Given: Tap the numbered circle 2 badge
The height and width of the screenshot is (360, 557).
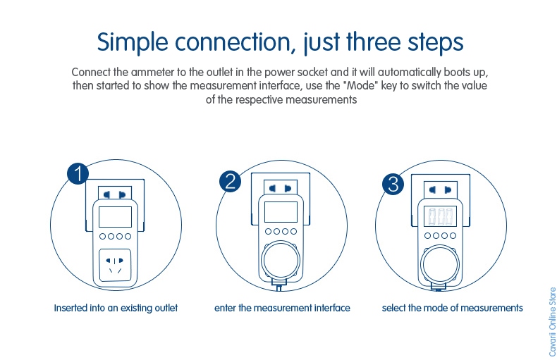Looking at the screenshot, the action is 231,181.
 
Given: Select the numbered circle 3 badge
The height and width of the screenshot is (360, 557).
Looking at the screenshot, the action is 393,184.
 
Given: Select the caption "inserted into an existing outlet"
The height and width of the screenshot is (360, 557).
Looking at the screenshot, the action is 116,308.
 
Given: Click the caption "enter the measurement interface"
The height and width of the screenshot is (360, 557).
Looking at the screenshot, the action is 282,308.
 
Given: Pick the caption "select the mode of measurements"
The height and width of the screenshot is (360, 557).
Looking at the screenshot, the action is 452,308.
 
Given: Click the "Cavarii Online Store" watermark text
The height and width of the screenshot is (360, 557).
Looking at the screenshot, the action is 552,321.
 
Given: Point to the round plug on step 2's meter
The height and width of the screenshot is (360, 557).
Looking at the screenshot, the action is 279,261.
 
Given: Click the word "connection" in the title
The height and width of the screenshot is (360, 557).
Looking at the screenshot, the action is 234,42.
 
